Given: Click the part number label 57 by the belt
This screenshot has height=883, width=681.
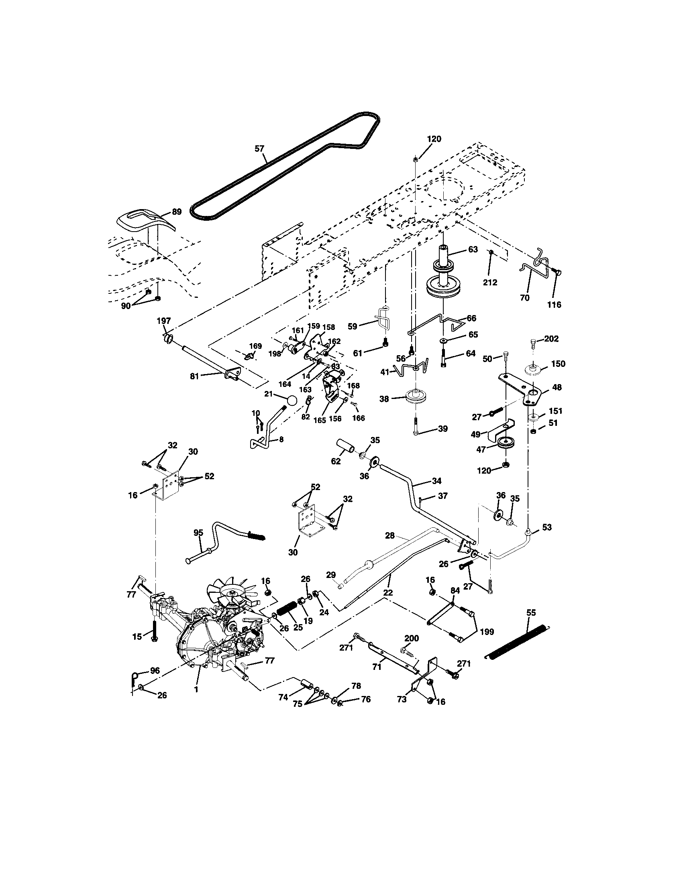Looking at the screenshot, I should pyautogui.click(x=259, y=149).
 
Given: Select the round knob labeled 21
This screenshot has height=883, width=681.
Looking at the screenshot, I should pyautogui.click(x=291, y=400).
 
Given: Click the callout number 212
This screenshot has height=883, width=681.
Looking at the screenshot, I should pyautogui.click(x=490, y=282).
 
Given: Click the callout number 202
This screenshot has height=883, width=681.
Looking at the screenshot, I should pyautogui.click(x=551, y=339).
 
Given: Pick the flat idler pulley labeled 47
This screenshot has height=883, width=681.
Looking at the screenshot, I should pyautogui.click(x=505, y=443).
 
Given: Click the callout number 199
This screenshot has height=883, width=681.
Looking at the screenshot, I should pyautogui.click(x=487, y=632).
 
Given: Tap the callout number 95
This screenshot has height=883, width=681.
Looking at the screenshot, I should pyautogui.click(x=198, y=533).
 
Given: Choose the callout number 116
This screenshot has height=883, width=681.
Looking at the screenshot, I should pyautogui.click(x=554, y=305).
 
